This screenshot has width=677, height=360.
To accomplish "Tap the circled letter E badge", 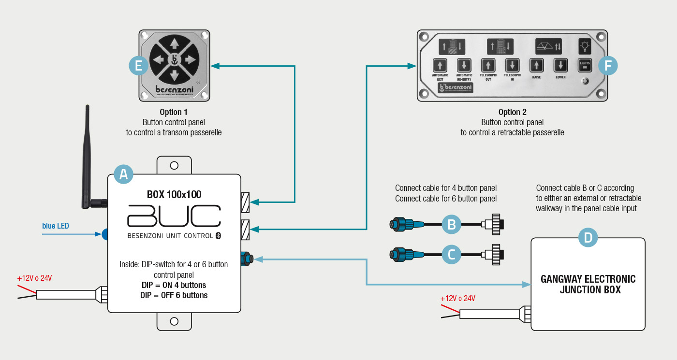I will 139,66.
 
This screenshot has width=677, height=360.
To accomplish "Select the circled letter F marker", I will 608,66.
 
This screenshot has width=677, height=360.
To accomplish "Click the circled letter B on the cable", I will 452,224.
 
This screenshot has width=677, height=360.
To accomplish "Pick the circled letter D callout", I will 588,237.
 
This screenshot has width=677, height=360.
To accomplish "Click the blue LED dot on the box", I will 105,234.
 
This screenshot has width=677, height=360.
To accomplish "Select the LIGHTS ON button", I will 585,65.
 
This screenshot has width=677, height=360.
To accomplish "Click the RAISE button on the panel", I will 536,65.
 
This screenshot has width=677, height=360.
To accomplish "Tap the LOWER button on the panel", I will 560,65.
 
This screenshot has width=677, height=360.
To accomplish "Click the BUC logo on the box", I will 174,216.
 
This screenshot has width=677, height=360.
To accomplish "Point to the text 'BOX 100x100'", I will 174,195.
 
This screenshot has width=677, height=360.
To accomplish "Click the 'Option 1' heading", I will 174,112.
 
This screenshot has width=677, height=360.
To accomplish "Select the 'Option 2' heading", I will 512,112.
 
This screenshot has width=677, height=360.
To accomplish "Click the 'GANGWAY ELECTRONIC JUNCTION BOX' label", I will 588,285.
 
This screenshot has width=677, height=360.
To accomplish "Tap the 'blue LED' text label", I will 56,226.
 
